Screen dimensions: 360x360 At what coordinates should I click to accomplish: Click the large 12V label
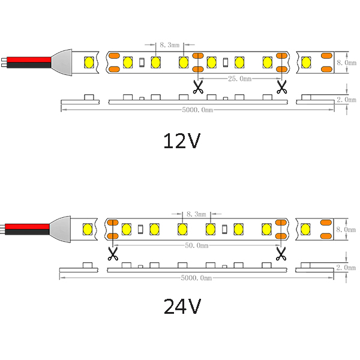pos(182,141)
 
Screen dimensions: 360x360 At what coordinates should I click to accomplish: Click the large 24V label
pos(182,306)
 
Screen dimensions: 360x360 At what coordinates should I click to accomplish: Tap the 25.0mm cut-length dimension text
pos(239,79)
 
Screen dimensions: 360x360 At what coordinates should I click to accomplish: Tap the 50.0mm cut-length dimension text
pos(197,245)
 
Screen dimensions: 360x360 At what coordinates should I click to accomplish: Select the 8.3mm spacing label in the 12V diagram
pos(169,45)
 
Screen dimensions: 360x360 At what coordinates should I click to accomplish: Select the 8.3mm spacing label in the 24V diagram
pos(196,214)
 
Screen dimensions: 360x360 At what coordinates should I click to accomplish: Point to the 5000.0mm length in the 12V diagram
pos(197,110)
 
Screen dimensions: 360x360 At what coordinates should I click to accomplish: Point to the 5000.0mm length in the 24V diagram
pos(196,278)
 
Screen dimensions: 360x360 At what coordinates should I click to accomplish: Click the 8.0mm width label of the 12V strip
pos(346,62)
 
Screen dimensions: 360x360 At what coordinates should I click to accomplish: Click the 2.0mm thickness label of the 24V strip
pos(346,268)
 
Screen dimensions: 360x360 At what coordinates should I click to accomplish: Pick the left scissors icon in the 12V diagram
pos(198,87)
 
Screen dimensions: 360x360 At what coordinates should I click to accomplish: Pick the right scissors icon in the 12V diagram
pos(282,87)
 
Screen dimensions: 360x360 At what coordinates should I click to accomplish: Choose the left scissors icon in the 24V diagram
pos(113,254)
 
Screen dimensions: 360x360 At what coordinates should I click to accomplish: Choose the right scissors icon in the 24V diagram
pos(281,254)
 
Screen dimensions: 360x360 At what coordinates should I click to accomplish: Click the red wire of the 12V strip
pos(29,59)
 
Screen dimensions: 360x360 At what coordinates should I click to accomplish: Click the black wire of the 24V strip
pos(27,232)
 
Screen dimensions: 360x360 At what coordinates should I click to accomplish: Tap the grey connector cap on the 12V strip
pos(62,62)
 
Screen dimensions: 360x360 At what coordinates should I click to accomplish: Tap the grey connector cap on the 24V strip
pos(60,229)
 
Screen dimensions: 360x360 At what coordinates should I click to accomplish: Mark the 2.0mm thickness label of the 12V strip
pos(346,100)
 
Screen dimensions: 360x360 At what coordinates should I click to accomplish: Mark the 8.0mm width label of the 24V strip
pos(346,229)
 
